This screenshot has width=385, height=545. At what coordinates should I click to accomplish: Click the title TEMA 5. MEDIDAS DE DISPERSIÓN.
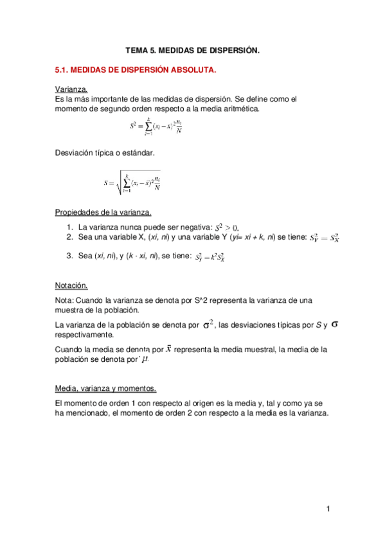192,50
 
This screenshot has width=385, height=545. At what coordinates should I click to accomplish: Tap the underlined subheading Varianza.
71,89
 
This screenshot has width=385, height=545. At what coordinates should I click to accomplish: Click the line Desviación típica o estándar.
105,152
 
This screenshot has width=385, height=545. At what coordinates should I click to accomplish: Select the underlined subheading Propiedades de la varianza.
103,212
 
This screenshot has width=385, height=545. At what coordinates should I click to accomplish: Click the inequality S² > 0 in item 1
226,228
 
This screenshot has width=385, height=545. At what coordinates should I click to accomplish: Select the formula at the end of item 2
324,238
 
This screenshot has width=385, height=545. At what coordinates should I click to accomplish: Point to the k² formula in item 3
210,257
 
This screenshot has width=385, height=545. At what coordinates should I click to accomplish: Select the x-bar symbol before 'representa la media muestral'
168,348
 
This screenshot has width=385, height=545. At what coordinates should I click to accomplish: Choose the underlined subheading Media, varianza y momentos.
105,388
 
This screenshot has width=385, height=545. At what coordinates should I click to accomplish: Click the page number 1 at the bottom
327,510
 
